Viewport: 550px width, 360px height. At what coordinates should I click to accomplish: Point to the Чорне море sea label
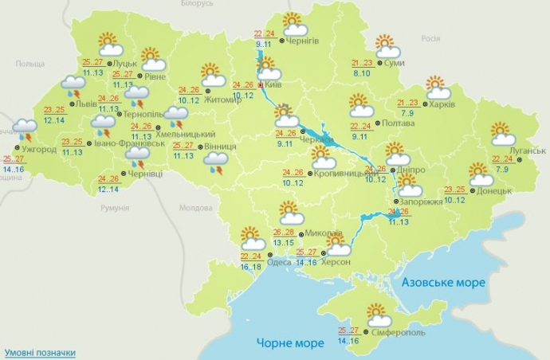[x=289, y=342]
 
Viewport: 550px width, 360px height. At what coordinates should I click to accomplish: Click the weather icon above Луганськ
[x=502, y=133]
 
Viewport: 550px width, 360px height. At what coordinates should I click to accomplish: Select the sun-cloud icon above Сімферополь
[x=379, y=315]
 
